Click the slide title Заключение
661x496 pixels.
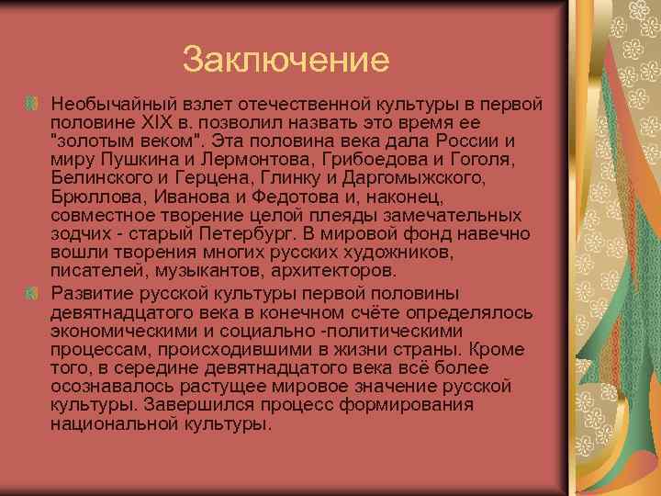286,61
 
